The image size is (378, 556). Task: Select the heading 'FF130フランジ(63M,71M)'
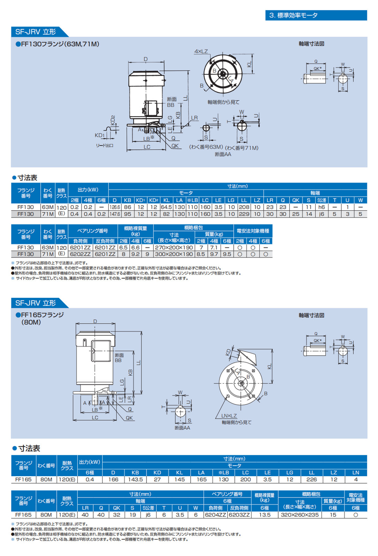point(58,44)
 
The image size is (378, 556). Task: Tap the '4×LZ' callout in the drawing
point(201,51)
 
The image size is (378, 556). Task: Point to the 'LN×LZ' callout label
point(229,416)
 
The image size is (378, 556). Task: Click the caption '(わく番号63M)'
point(206,147)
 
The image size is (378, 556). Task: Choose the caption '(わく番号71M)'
point(242,148)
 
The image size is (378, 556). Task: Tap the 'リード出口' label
point(105,145)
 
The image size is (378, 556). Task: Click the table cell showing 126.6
point(115,207)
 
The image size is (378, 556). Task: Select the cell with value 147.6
point(115,214)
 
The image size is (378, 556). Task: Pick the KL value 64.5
point(166,207)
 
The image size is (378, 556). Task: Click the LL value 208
point(244,207)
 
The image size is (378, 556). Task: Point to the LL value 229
point(244,214)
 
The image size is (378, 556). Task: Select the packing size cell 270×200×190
point(174,248)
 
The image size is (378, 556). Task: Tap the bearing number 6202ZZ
point(80,254)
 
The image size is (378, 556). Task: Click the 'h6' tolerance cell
point(322,207)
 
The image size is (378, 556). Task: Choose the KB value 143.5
point(135,479)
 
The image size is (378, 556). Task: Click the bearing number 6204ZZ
point(216,515)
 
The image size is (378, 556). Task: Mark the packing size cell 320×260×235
point(300,515)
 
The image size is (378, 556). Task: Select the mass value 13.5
point(265,515)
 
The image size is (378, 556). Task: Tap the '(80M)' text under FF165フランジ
point(31,322)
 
